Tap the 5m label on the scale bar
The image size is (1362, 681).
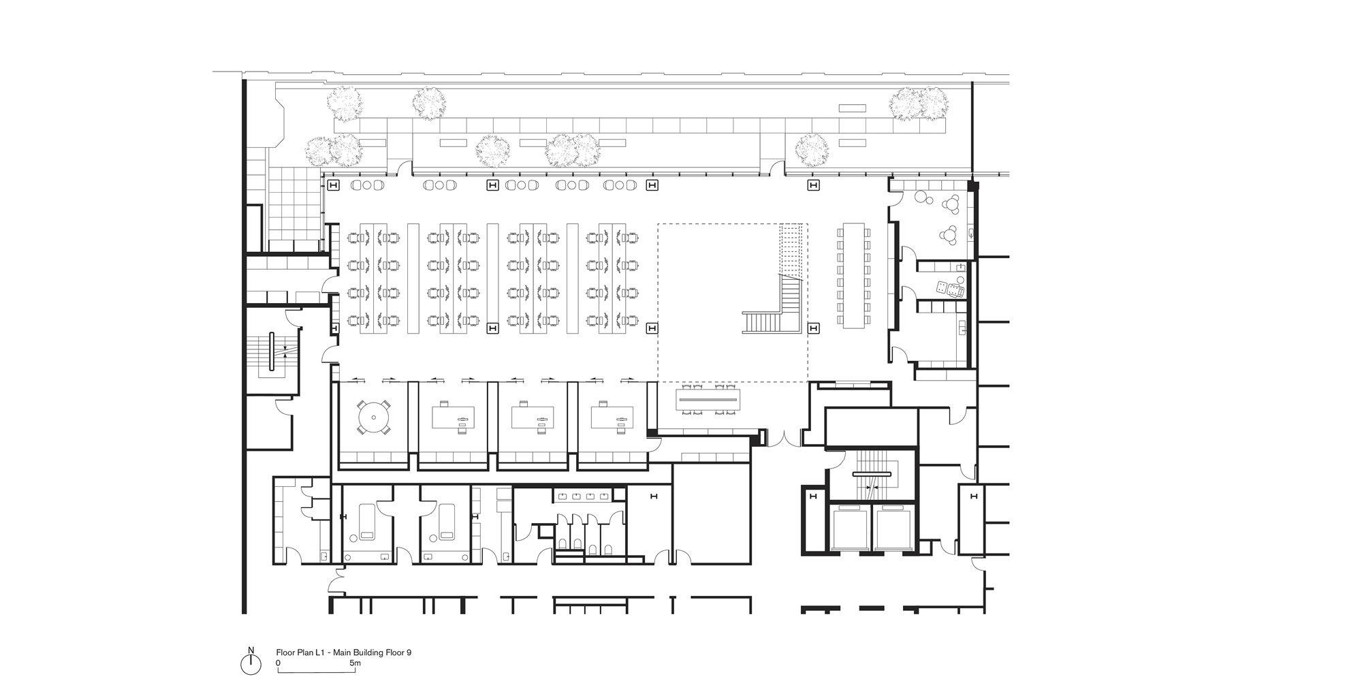[x=354, y=663]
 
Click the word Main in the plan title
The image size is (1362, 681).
[x=344, y=652]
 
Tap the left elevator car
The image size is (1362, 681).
[x=851, y=528]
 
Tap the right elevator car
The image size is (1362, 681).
[x=893, y=528]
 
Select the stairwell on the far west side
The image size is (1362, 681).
[x=272, y=351]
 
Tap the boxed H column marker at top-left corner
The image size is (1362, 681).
[x=334, y=185]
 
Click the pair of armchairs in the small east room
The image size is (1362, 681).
[x=950, y=289]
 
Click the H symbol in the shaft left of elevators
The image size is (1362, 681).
[x=812, y=497]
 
